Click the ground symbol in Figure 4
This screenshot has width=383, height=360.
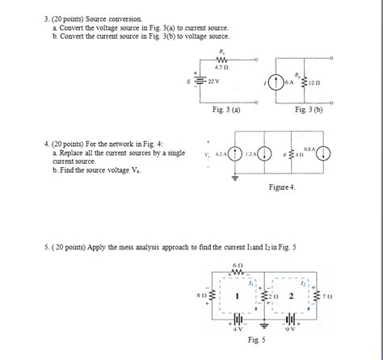(x=236, y=179)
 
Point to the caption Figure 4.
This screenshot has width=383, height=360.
(x=281, y=187)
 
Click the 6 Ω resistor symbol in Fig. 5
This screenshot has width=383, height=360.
(x=237, y=271)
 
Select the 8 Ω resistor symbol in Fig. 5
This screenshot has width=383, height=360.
(x=213, y=296)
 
